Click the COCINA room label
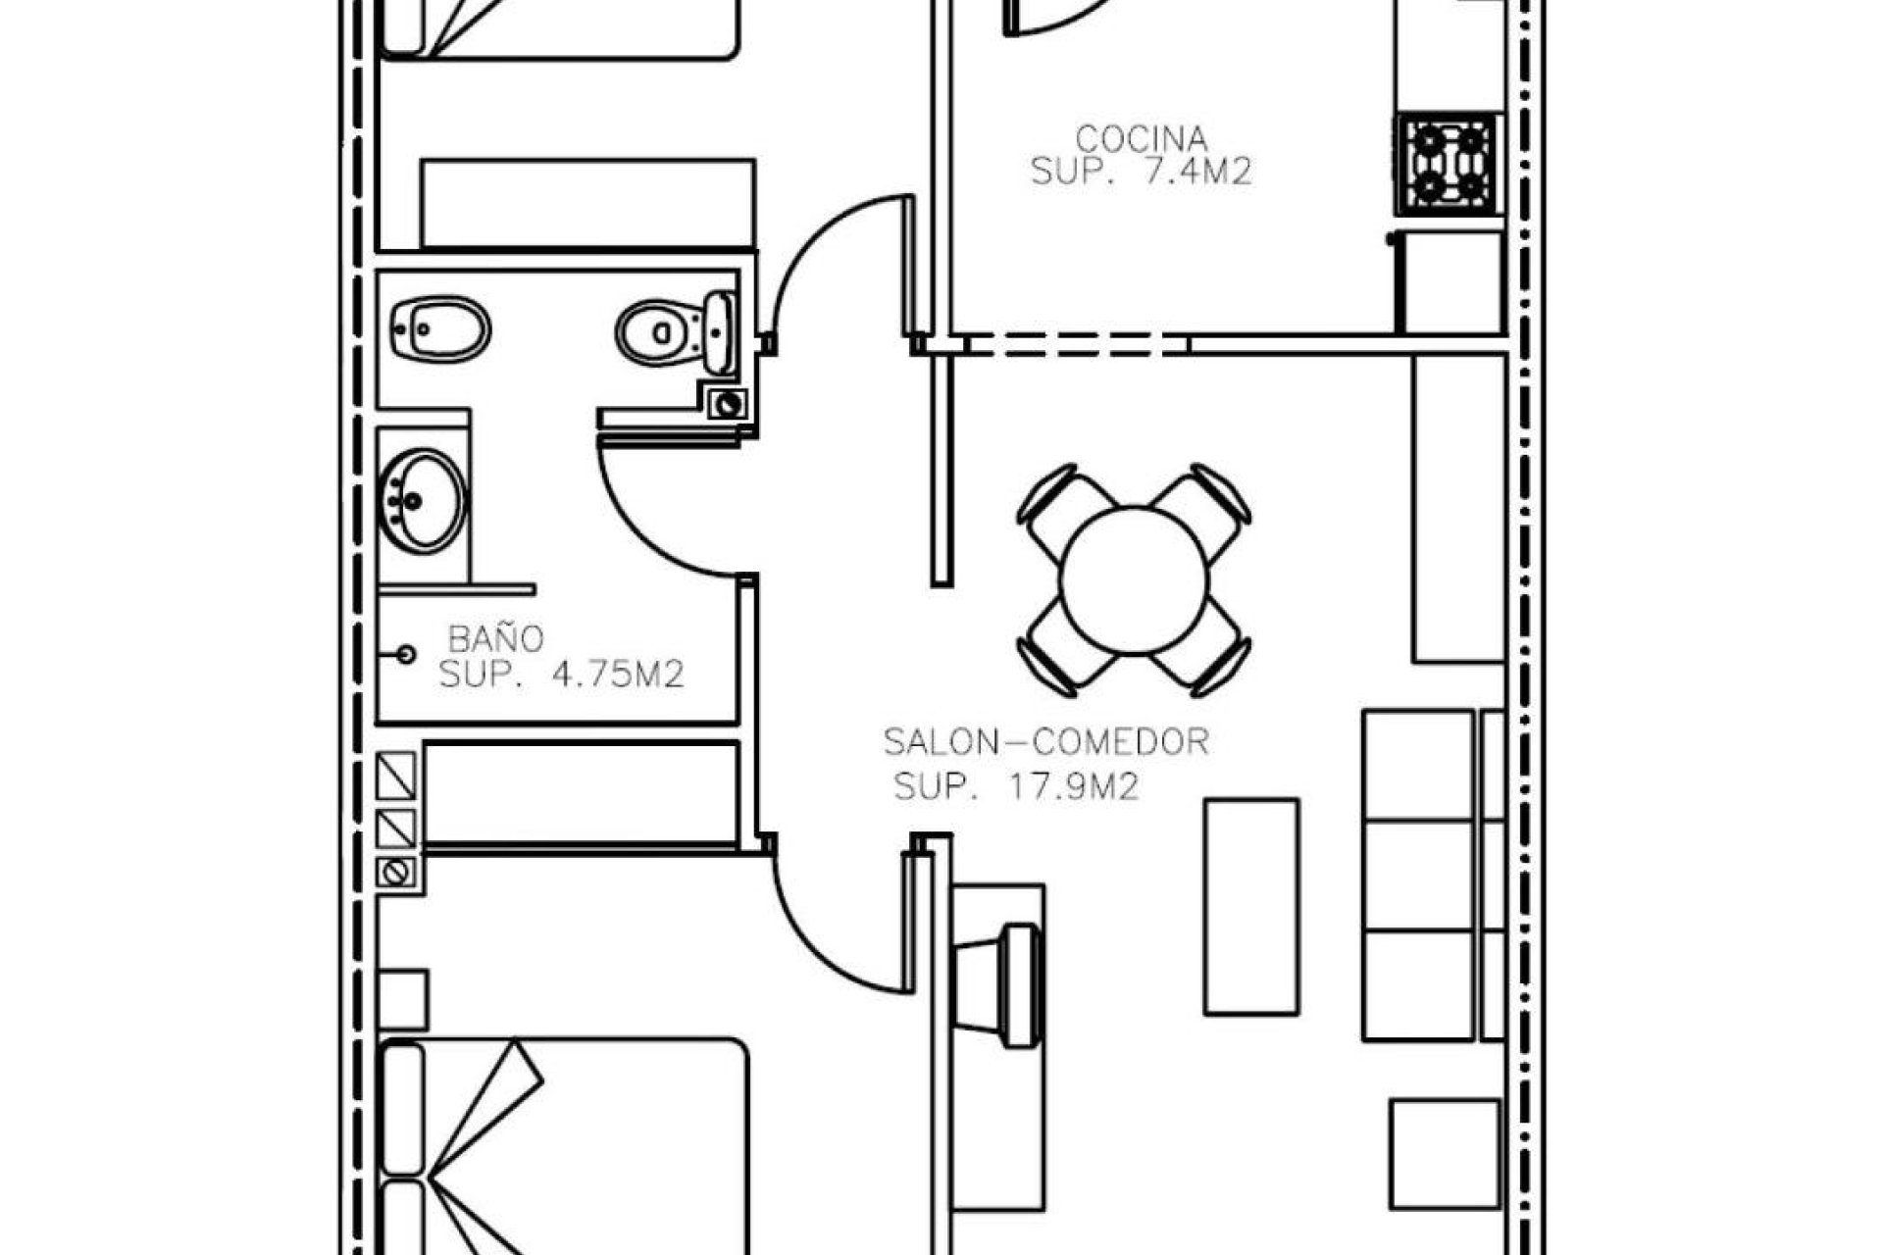coord(1141,137)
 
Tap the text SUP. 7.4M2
coord(1141,173)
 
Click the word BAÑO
coord(495,639)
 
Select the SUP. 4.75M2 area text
coord(560,675)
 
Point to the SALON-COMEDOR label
coord(1045,742)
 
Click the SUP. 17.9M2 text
coord(1016,786)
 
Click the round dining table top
coord(1133,579)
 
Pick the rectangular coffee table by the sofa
coord(1251,906)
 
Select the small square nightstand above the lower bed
coord(402,1000)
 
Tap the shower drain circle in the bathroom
coord(406,654)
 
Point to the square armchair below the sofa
coord(1445,1154)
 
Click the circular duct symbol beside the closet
coord(396,872)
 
